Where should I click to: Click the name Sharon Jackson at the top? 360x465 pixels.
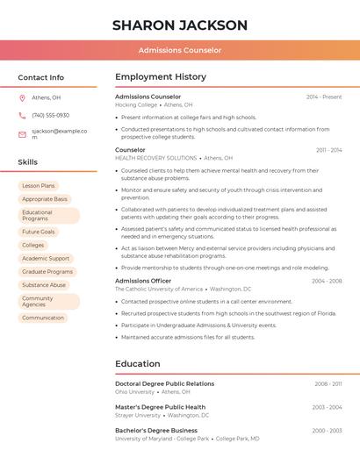point(180,25)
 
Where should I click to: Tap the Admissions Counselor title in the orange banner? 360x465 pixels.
point(180,50)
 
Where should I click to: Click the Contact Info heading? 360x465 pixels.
point(41,77)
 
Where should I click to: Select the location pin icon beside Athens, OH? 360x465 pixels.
point(22,98)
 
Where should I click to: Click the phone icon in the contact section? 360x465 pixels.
point(22,115)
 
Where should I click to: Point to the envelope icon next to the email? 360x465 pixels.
point(22,134)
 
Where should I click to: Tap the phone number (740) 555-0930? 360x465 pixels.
point(50,115)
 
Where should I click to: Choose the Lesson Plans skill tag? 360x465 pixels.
point(38,186)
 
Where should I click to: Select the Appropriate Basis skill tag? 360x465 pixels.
point(45,199)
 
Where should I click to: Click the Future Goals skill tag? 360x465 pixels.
point(39,232)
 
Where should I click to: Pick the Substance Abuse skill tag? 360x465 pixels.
point(44,285)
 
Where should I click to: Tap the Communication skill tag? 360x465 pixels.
point(43,318)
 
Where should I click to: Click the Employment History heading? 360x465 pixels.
point(161,77)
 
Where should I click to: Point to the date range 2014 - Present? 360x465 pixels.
point(324,97)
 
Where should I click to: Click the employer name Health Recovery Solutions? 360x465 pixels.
point(155,158)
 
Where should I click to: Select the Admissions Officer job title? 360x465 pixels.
point(143,281)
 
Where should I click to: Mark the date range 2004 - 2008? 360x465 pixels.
point(327,281)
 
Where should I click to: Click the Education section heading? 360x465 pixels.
point(138,363)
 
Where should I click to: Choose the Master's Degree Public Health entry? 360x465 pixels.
point(160,407)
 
